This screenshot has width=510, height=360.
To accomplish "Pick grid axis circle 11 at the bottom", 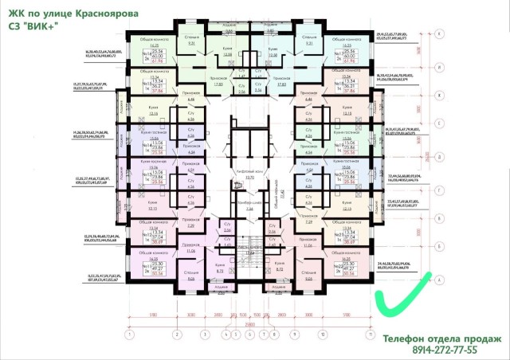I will point(368,335).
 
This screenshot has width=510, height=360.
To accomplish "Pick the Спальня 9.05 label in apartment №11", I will point(191,278).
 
